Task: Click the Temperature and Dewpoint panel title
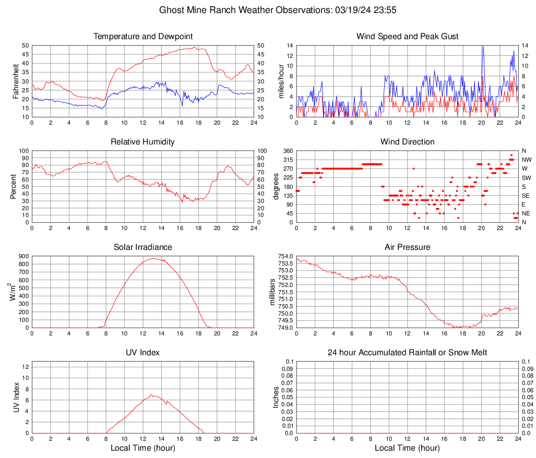point(142,37)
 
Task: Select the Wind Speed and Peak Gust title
point(407,37)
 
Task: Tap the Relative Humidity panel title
point(142,142)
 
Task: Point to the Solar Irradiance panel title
point(142,247)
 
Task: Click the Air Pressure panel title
point(407,247)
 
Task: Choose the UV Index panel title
point(142,353)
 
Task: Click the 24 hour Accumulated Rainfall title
point(407,353)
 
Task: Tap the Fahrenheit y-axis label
point(15,81)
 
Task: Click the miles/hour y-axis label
point(281,81)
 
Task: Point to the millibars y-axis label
point(272,292)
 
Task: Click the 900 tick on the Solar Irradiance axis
point(23,257)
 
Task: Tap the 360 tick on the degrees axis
point(287,151)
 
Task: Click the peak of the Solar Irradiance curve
point(153,258)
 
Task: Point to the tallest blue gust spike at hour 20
point(483,46)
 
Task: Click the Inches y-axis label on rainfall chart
point(276,397)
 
